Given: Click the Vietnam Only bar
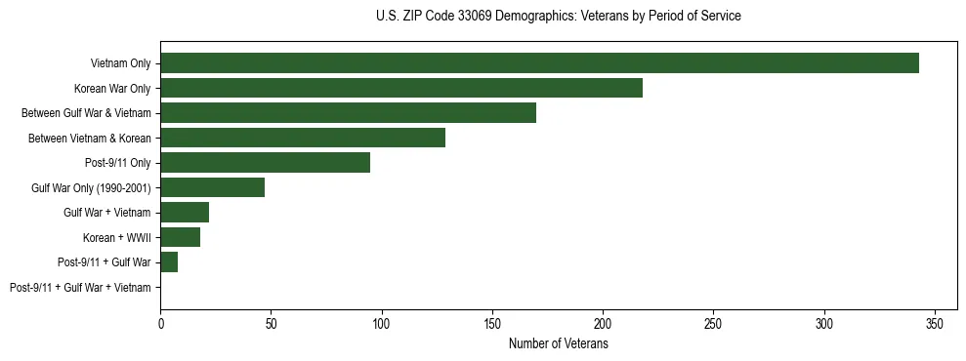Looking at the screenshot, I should [539, 63].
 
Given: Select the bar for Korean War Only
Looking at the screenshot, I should [401, 88].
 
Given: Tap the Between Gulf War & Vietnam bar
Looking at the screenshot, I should [348, 113].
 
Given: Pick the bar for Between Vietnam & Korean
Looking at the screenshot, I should [303, 138].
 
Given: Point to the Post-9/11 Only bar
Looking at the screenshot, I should [265, 163].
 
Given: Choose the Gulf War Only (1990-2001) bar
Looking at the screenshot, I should [212, 187].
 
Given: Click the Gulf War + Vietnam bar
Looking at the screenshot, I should [185, 213].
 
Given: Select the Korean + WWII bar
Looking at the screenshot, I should [180, 237].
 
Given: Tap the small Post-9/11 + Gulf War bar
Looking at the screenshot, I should [169, 262].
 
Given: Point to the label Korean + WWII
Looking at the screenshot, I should [117, 237].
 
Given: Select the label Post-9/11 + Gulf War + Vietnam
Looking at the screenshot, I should [80, 287].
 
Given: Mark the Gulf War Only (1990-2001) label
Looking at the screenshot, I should [91, 187].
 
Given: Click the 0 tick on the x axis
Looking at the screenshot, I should [160, 323].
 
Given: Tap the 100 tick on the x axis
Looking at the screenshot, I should [382, 323].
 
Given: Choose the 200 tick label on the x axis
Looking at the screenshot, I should [603, 323].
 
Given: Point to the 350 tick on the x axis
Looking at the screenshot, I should [935, 323].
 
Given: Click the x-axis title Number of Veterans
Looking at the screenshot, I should [558, 343].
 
